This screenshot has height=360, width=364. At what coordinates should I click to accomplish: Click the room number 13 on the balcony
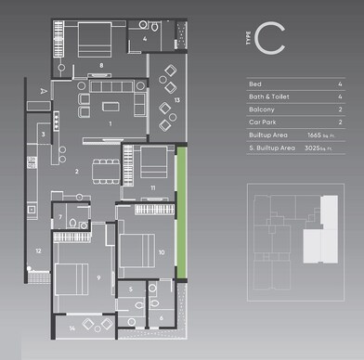176,99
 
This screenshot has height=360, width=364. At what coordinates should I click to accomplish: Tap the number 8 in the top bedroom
100,65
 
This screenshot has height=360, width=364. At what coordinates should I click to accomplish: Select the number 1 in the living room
110,122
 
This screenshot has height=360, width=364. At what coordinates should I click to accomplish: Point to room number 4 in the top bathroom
146,39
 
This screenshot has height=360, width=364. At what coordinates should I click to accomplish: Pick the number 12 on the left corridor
38,251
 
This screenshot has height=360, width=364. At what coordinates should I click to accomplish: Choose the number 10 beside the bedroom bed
162,251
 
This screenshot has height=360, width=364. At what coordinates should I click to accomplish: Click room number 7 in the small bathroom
60,218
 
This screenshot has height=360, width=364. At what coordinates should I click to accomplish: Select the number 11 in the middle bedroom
153,188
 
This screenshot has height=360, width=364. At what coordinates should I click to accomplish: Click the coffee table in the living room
110,100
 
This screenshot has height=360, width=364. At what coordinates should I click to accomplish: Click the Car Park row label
264,122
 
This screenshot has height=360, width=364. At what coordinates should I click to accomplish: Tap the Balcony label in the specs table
263,109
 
